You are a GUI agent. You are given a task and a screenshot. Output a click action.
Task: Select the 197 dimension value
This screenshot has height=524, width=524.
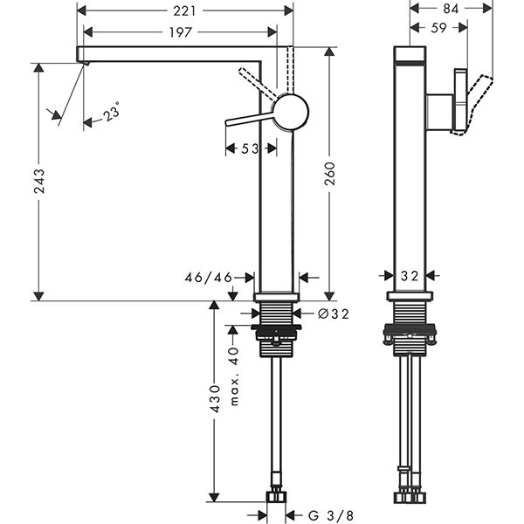[180, 32]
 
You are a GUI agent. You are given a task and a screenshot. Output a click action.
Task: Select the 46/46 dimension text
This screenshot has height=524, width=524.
[209, 277]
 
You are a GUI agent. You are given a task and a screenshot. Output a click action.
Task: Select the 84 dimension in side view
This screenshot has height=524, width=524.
[451, 9]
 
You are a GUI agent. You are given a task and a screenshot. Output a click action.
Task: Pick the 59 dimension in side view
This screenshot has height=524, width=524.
[440, 28]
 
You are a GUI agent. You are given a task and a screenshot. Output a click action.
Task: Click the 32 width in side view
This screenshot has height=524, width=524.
[409, 276]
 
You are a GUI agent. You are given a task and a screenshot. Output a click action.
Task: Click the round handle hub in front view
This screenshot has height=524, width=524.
[289, 113]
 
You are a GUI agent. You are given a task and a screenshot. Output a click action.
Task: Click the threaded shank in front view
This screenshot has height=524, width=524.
[277, 314]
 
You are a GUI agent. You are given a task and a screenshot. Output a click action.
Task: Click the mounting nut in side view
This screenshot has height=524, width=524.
[409, 334]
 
